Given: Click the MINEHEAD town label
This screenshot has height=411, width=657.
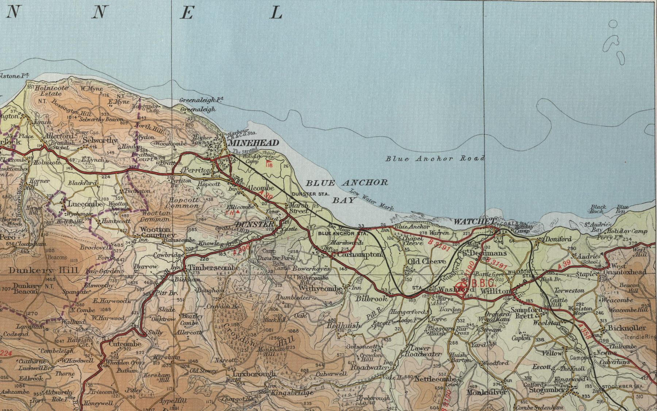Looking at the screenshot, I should coord(254,143).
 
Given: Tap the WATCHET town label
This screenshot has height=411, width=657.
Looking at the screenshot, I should coord(474,221).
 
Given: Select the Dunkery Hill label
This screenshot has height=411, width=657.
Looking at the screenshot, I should coord(43,271).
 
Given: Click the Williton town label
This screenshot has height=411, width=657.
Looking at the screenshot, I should coord(495,291).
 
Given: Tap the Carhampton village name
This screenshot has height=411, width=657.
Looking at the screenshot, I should coord(360,255).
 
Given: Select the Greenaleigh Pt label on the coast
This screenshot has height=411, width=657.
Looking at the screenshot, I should coord(201,100).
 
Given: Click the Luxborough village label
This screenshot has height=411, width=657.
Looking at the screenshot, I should coord(254,374).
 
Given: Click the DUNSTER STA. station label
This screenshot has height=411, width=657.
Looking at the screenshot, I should coord(309,194).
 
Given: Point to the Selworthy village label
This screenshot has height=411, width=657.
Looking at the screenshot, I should coord(100,140).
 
